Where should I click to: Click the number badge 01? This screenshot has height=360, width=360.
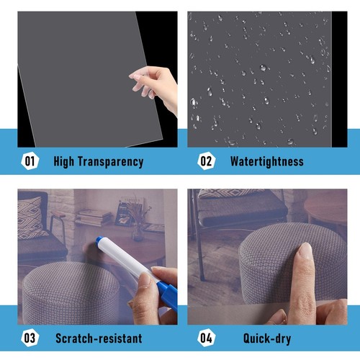point(30,161)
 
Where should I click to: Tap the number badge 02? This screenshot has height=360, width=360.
point(206,161)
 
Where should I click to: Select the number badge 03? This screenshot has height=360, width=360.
point(30,337)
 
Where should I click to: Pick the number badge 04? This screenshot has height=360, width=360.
point(206,337)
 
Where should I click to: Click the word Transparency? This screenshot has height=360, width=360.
point(112,161)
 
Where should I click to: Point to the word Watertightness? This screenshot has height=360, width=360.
point(266,161)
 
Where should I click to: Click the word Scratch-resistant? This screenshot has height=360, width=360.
point(99,337)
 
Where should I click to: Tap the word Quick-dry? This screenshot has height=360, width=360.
point(257,337)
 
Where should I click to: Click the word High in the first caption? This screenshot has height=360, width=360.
point(66,161)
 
